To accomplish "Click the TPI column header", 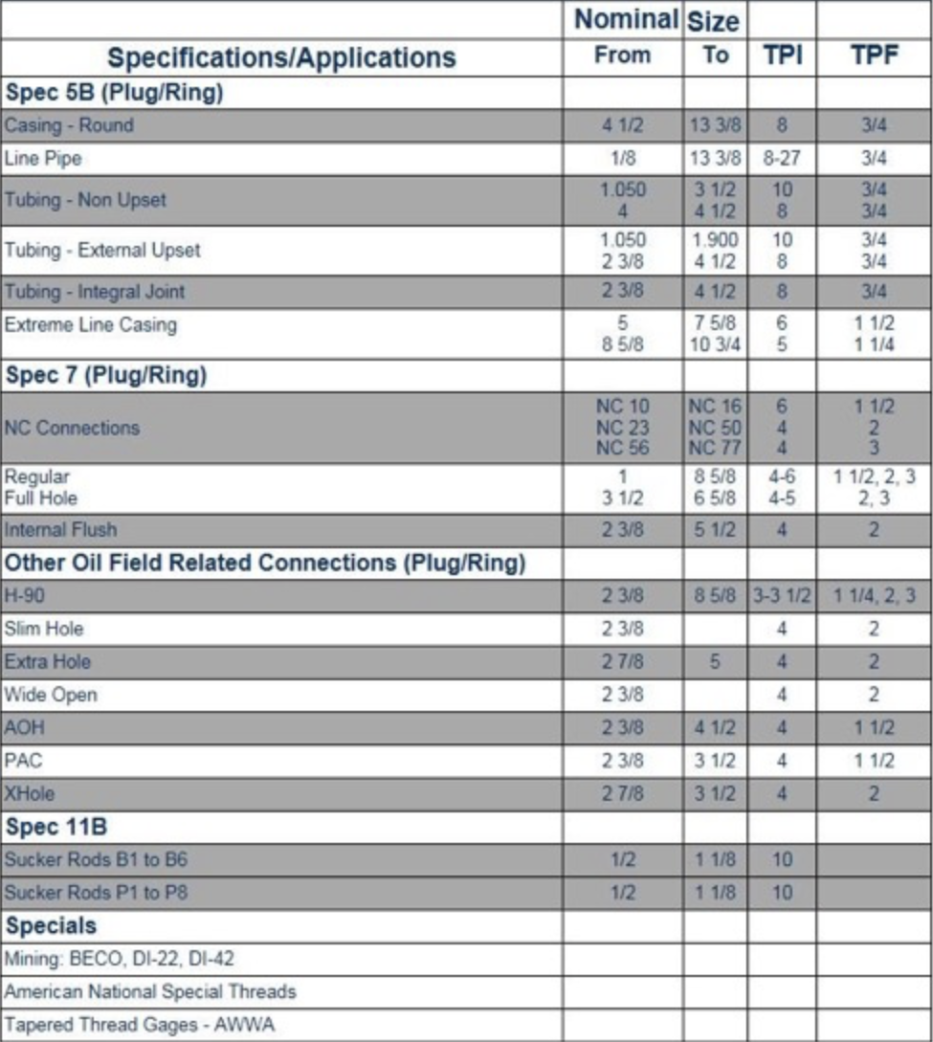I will coord(782,55).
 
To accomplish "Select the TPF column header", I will coord(875,55).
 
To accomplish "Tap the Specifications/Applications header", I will coord(281,57).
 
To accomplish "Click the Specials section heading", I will coord(51,925).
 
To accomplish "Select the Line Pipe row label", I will coord(43,159).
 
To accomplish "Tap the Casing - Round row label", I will coord(69,125).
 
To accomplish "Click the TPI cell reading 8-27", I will coord(782,159).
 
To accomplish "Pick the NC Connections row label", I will coord(72,428).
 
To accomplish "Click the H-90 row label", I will coord(24,596).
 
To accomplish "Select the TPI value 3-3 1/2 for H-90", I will coord(782,596).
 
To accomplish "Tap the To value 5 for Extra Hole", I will coord(715,662).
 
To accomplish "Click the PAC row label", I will coord(24,761).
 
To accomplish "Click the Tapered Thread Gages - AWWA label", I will coord(139,1025).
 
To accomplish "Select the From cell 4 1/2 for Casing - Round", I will coord(622,125).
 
